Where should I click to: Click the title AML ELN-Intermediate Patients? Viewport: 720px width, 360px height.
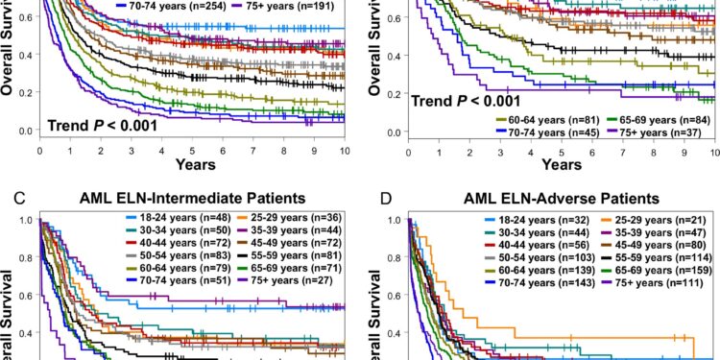pos(197,199)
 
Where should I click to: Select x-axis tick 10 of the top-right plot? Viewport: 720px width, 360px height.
pos(712,151)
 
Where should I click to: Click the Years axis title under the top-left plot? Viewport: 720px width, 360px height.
pos(194,165)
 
